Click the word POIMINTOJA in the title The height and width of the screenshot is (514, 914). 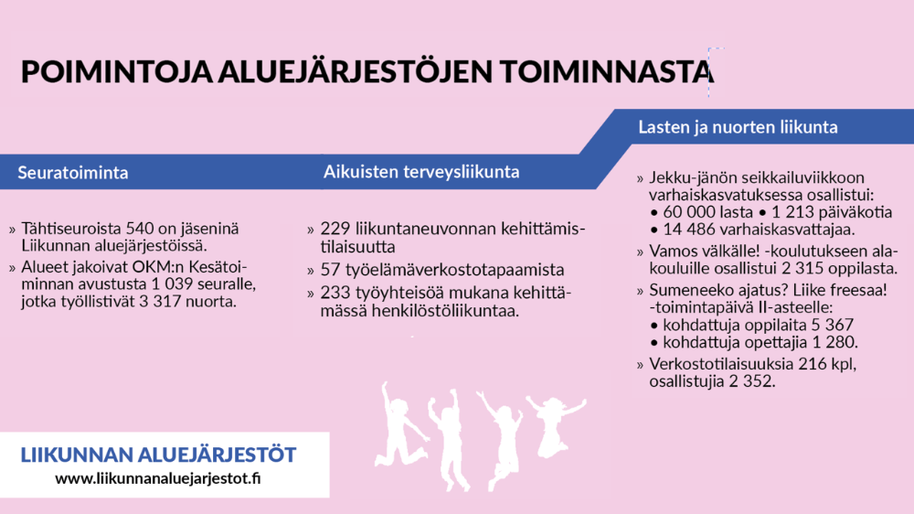(x=117, y=71)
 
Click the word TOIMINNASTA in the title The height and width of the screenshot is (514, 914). (x=606, y=71)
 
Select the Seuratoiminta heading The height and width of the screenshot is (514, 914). (x=73, y=173)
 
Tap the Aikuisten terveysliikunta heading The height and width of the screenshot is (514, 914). (x=421, y=172)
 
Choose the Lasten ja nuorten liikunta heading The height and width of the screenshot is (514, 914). (x=738, y=127)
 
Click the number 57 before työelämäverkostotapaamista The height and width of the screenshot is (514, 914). (x=331, y=270)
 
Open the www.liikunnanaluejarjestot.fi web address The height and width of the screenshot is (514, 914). (x=158, y=479)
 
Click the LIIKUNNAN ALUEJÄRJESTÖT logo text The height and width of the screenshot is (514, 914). (x=158, y=455)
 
